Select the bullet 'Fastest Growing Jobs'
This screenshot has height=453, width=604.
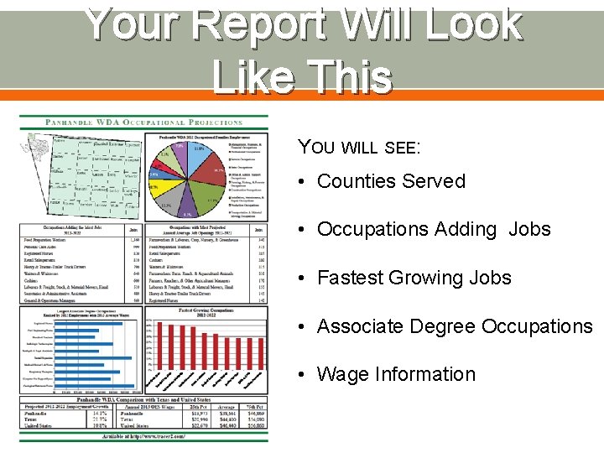(414, 278)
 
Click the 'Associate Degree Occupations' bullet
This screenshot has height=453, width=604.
(454, 326)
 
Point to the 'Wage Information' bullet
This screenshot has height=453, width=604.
(396, 374)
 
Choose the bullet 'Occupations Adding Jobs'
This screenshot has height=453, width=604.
(434, 229)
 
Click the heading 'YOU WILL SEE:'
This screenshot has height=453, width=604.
(358, 147)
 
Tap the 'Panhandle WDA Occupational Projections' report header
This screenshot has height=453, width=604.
(144, 122)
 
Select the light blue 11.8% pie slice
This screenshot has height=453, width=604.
(199, 151)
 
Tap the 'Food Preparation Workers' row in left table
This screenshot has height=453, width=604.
(58, 240)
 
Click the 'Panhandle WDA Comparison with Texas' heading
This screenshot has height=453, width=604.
(143, 401)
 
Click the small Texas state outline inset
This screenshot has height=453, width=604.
(34, 141)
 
